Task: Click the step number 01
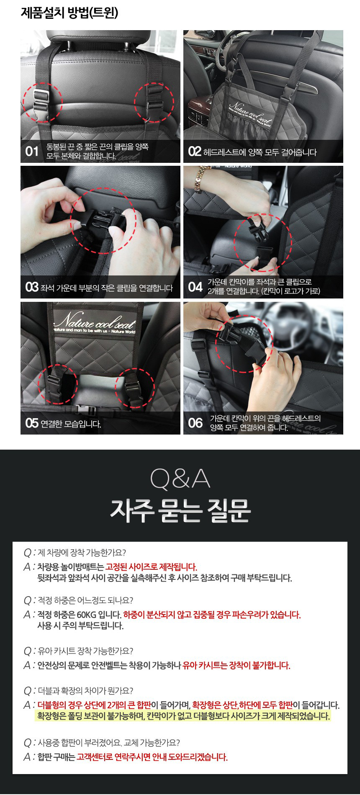[x=32, y=151]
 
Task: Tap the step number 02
[x=195, y=152]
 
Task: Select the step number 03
[x=32, y=287]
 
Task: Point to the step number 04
[x=195, y=287]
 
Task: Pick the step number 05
[x=32, y=423]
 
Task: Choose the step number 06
[x=195, y=423]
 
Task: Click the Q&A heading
[x=180, y=480]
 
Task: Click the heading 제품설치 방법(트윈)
[x=69, y=13]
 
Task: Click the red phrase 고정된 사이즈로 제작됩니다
[x=151, y=567]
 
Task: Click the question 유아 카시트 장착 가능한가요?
[x=85, y=651]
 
